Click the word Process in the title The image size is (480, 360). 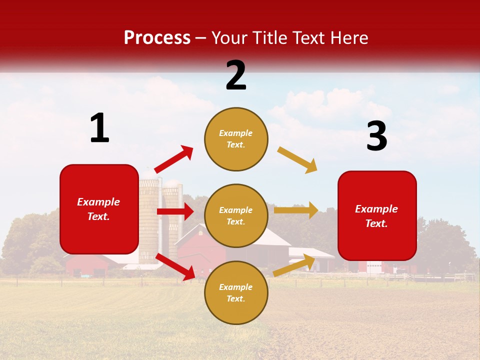click(x=157, y=37)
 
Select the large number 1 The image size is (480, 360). click(x=99, y=128)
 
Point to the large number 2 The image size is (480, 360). click(x=236, y=75)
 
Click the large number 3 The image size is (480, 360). click(x=376, y=136)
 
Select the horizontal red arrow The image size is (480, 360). click(x=175, y=211)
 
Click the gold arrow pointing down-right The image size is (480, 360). click(x=297, y=160)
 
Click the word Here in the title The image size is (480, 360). click(x=349, y=37)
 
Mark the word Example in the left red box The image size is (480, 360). click(x=98, y=202)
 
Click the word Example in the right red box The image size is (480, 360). click(x=376, y=209)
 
